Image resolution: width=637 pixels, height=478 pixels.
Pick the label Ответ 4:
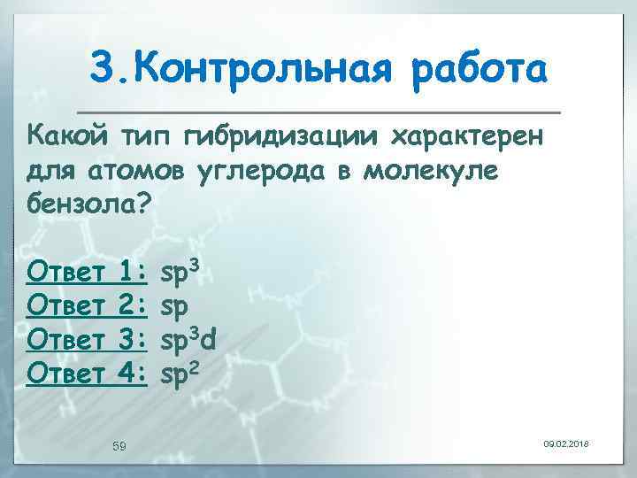pos(87,373)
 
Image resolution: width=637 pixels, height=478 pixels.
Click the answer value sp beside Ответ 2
pos(174,305)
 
